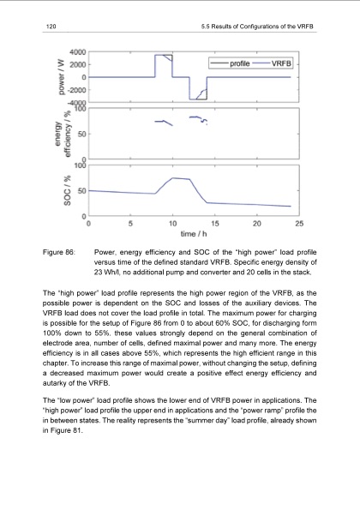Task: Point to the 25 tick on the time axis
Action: tap(298, 223)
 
